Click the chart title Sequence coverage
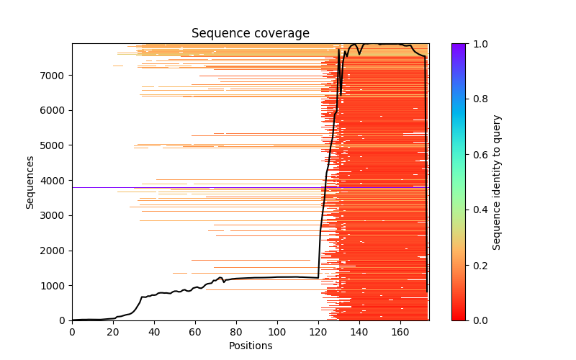coord(250,34)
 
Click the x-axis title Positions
coord(250,346)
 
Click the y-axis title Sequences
coord(30,181)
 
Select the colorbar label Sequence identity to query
coord(497,181)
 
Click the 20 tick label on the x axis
coord(113,331)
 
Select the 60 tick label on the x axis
coord(195,331)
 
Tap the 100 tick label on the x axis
coord(277,331)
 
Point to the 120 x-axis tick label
coord(318,331)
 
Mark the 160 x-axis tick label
coord(400,331)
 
